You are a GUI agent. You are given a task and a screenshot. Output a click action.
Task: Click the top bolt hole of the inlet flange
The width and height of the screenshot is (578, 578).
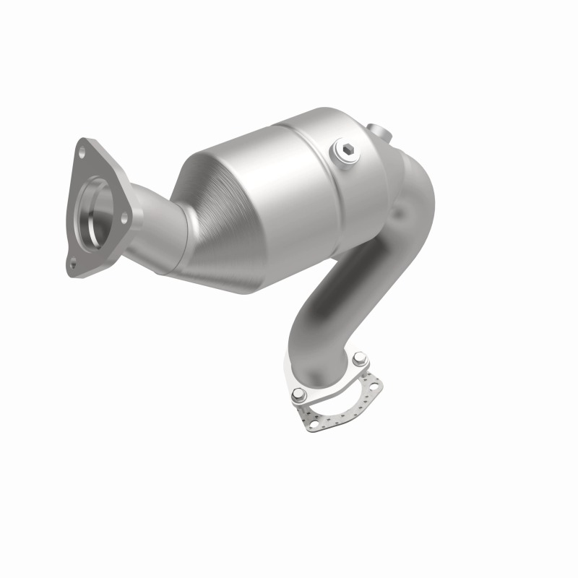point(82,152)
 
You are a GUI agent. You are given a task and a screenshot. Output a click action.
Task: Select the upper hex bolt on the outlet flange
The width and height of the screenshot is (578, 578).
point(359,359)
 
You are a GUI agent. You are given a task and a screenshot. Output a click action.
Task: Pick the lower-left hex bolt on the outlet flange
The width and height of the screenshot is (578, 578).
point(298,396)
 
